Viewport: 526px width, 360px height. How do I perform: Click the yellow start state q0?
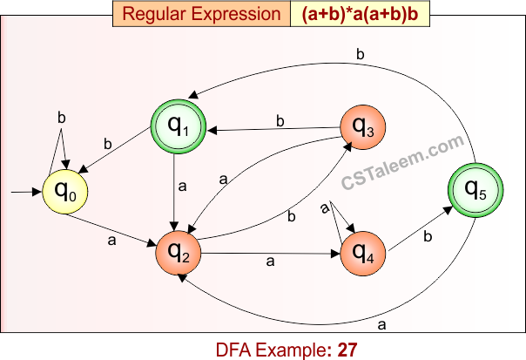coord(66,189)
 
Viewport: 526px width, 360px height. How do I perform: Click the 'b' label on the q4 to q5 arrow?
coord(427,235)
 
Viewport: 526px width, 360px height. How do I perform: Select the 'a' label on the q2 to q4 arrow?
coord(269,261)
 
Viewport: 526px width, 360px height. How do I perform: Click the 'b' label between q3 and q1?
coord(280,121)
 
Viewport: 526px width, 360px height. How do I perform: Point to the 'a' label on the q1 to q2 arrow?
coord(183,187)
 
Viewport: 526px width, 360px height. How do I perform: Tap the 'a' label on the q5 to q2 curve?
coord(381,325)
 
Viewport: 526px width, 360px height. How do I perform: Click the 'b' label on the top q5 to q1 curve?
coord(360,55)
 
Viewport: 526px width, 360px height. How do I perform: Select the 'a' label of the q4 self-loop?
coord(325,207)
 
